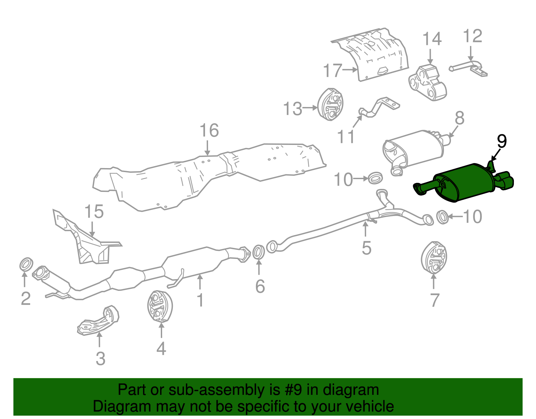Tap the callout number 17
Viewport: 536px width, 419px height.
(x=333, y=71)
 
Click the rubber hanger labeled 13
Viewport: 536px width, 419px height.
(x=330, y=104)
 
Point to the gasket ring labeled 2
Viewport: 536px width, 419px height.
(x=26, y=264)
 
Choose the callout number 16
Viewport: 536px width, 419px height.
(x=209, y=130)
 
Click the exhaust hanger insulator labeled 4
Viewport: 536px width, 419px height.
(x=160, y=306)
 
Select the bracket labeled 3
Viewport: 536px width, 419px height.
(x=99, y=320)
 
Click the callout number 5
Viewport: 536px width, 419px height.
(x=366, y=248)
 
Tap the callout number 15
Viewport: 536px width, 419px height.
(x=94, y=212)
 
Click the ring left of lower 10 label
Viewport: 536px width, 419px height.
(x=443, y=217)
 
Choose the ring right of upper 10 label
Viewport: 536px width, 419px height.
(x=375, y=178)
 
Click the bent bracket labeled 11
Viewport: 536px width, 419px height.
(x=379, y=107)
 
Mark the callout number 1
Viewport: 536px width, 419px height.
(x=200, y=300)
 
